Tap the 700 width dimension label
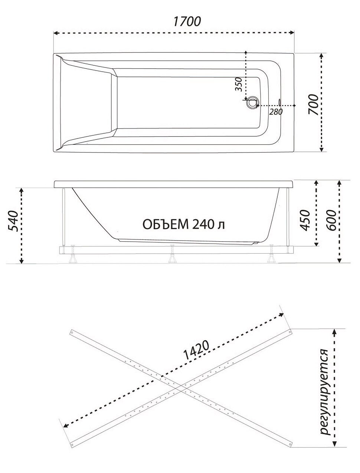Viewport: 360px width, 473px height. tap(313, 104)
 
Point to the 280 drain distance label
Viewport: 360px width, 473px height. tap(275, 112)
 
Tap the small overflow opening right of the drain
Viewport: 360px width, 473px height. tap(279, 102)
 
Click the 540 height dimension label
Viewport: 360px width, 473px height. tap(13, 221)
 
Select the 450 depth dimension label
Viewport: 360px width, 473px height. tap(305, 220)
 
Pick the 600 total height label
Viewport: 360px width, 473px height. tap(331, 220)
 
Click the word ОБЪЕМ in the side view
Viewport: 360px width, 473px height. tap(166, 225)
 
